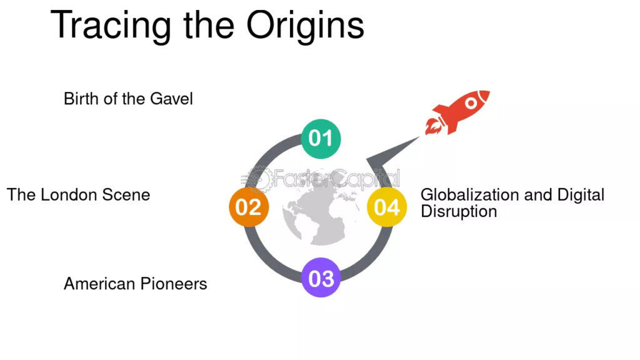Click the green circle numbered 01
(x=321, y=139)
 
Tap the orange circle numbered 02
(x=249, y=207)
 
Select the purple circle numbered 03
(x=321, y=277)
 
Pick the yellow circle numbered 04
(x=387, y=207)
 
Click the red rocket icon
(x=457, y=112)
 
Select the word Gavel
(x=171, y=99)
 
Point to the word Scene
(x=126, y=195)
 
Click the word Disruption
(x=459, y=211)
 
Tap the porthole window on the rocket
(x=471, y=103)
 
